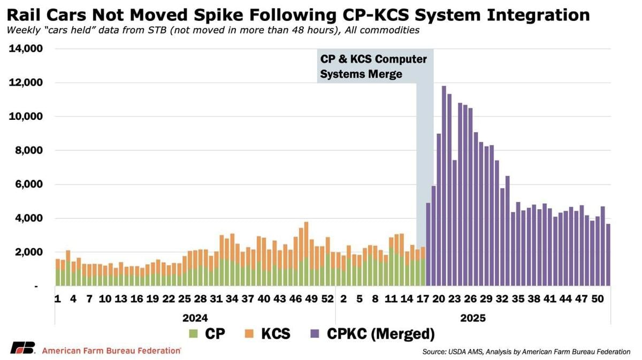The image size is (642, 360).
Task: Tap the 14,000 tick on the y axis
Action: pos(27,49)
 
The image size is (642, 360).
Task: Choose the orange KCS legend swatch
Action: pos(250,334)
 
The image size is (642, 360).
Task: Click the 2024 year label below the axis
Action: pos(195,318)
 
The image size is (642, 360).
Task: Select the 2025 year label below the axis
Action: pos(472,318)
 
